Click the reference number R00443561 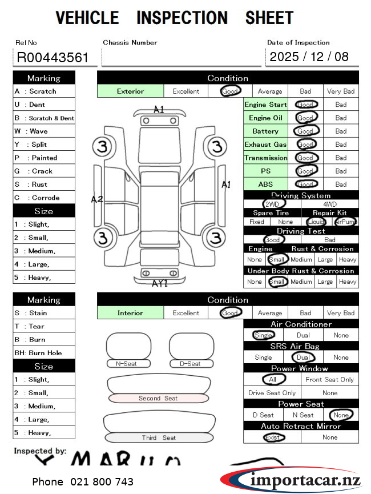[x=53, y=57]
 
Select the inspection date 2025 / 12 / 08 [x=309, y=57]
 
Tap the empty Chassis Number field [x=181, y=57]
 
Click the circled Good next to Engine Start [x=306, y=105]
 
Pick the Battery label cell [x=265, y=131]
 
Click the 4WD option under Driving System [x=330, y=204]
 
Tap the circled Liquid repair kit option [x=316, y=222]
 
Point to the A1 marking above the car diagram [x=159, y=109]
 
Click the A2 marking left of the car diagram [x=97, y=199]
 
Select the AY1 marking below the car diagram [x=159, y=283]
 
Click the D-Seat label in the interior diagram [x=190, y=364]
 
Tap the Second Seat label [x=158, y=398]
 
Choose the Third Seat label [x=159, y=437]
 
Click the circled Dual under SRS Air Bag [x=303, y=358]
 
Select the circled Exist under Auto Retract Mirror [x=273, y=437]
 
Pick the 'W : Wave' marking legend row [x=44, y=131]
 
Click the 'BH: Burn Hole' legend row [x=44, y=353]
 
